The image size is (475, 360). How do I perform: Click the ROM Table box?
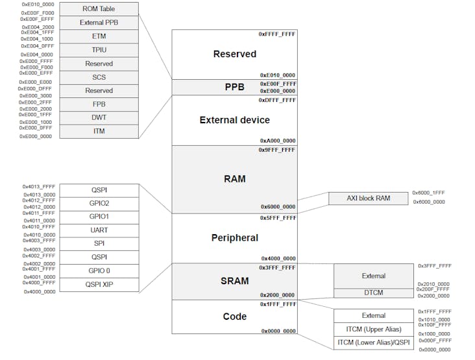point(98,9)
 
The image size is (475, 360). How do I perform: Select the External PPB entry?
point(98,23)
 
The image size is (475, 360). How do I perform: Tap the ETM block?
point(98,36)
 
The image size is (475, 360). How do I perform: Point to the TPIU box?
point(98,50)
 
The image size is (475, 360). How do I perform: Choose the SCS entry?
point(98,77)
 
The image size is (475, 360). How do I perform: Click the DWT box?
point(98,118)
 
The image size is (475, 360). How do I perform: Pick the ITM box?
point(98,132)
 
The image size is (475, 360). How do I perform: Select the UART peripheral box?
point(99,230)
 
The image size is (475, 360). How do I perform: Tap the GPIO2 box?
point(99,203)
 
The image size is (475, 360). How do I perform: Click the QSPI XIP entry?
point(99,284)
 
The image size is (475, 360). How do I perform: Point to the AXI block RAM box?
point(368,198)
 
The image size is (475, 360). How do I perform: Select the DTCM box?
point(373,293)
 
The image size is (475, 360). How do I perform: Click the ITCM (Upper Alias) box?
point(373,329)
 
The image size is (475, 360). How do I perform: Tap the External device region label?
point(234,120)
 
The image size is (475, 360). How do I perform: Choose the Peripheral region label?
point(234,238)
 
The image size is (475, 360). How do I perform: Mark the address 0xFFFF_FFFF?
point(277,34)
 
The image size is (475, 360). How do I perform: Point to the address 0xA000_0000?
point(278,140)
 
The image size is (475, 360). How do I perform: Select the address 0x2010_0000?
point(433,284)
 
